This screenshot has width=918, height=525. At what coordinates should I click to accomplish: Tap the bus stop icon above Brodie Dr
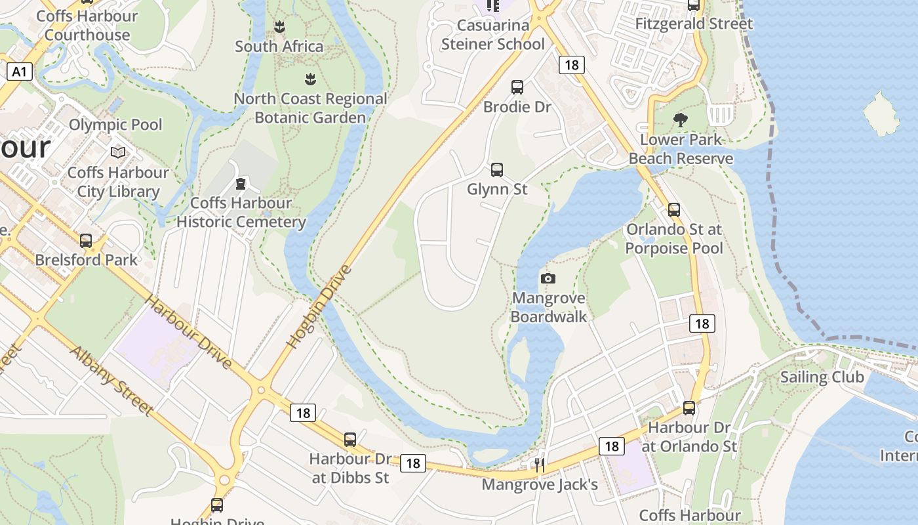click(x=517, y=87)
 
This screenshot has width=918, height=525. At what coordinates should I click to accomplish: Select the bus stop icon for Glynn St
click(x=497, y=170)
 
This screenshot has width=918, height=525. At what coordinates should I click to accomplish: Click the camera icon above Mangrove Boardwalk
click(x=548, y=278)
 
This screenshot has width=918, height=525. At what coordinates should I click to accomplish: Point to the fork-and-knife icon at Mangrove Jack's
click(x=540, y=465)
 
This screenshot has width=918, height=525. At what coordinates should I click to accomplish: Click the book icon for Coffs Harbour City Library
click(x=118, y=152)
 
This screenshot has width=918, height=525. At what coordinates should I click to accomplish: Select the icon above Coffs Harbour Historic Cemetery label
click(x=241, y=183)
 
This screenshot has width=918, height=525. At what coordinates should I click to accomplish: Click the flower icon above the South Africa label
click(x=279, y=27)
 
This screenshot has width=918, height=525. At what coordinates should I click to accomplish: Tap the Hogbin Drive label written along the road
click(x=319, y=306)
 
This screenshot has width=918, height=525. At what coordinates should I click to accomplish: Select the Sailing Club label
click(x=822, y=377)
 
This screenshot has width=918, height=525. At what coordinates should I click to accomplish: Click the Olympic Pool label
click(x=115, y=125)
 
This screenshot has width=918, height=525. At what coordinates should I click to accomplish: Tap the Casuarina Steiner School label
click(x=492, y=35)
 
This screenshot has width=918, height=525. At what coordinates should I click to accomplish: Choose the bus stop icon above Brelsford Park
click(x=86, y=241)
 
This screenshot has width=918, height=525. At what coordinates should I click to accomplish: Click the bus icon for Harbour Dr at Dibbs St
click(x=350, y=440)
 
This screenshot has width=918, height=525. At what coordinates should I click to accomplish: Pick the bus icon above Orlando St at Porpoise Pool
click(x=673, y=210)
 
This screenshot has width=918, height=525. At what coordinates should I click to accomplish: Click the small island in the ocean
click(x=881, y=114)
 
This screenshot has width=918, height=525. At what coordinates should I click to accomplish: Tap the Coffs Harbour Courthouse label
click(x=87, y=25)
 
